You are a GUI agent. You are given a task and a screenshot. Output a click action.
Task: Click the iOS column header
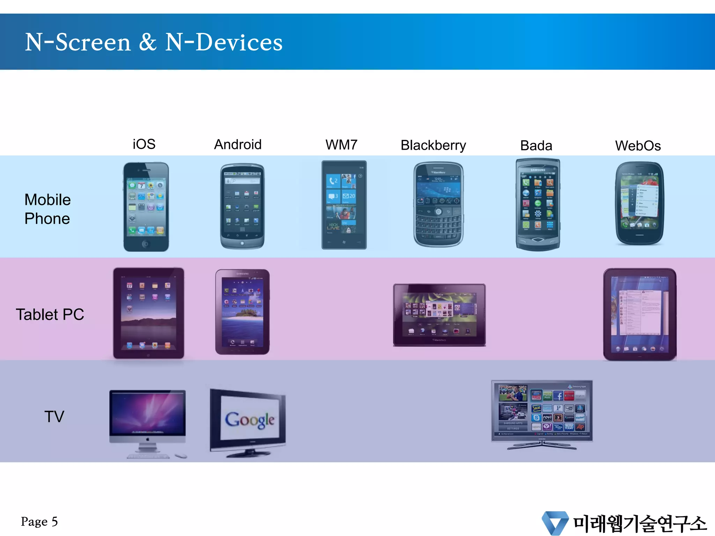click(144, 144)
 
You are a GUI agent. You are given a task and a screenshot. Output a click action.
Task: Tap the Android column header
click(238, 144)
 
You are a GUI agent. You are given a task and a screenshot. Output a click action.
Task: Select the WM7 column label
click(341, 145)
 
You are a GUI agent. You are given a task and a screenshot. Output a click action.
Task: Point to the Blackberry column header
click(433, 146)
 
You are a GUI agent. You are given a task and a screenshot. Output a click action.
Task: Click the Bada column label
click(536, 146)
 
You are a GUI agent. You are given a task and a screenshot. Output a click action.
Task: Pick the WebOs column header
click(638, 146)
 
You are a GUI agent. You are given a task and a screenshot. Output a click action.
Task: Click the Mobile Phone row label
click(47, 209)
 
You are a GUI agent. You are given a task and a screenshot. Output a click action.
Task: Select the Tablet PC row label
click(50, 314)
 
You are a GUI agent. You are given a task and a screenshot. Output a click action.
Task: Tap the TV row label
click(54, 417)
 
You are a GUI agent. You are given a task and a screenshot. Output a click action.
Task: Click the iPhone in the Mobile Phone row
click(146, 207)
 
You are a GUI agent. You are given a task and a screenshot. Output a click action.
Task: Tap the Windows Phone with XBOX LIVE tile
click(344, 205)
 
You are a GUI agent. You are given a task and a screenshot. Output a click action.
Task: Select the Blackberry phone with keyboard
click(438, 205)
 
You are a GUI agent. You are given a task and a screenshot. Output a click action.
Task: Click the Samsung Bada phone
click(538, 205)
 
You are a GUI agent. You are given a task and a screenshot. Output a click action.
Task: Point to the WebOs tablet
click(640, 314)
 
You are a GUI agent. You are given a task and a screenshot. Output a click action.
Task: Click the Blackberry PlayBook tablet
click(439, 315)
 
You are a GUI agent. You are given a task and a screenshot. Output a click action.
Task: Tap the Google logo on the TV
click(250, 420)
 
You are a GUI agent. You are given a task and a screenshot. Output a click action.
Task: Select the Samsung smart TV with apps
click(542, 411)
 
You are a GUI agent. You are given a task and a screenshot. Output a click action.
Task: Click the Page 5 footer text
click(39, 521)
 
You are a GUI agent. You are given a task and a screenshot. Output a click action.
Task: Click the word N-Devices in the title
click(224, 42)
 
